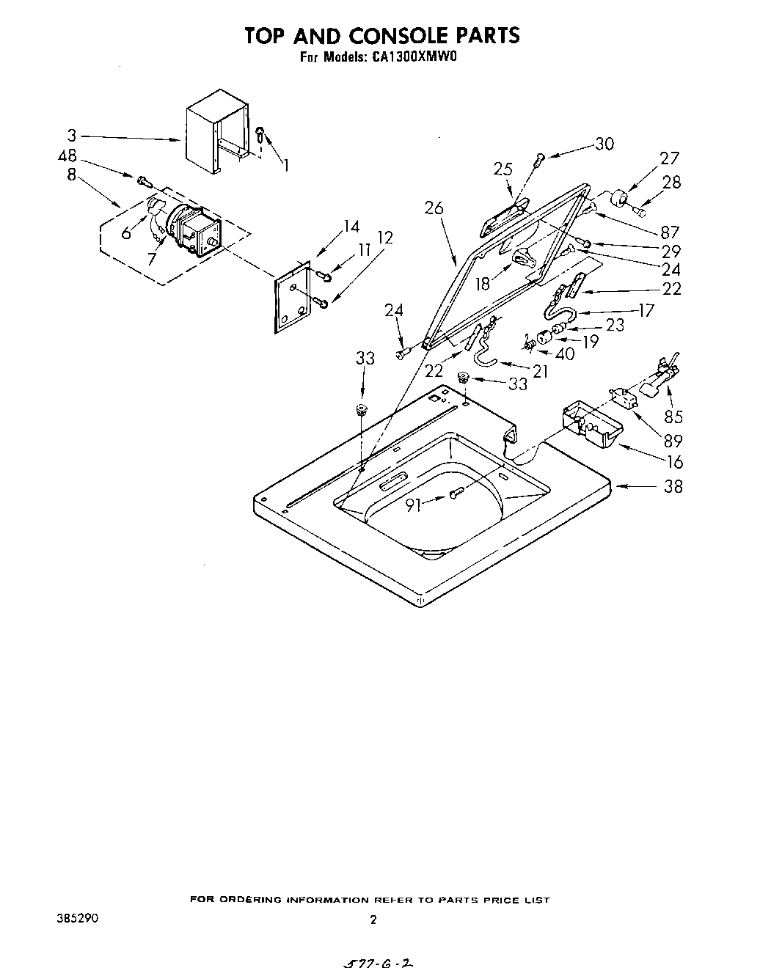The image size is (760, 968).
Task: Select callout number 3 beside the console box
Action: (x=71, y=136)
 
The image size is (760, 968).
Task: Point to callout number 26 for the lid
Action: (x=434, y=208)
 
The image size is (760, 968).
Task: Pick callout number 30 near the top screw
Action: (x=604, y=144)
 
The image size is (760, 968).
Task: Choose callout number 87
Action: (x=669, y=232)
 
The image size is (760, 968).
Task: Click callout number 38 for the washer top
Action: (x=673, y=485)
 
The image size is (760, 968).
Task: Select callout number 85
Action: (x=673, y=417)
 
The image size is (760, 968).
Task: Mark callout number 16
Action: (x=675, y=461)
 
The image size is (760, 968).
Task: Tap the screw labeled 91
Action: (x=456, y=494)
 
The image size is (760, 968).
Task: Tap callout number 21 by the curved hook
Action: (x=540, y=372)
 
